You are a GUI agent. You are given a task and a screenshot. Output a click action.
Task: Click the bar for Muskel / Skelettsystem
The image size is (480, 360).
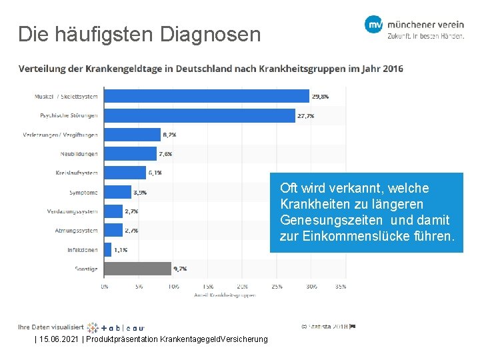207,97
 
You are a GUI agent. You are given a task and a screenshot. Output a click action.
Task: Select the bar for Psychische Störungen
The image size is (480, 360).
199,116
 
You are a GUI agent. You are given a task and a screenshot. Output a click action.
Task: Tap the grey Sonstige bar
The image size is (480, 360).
137,269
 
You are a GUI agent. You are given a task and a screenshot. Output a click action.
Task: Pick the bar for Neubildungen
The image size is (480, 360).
130,154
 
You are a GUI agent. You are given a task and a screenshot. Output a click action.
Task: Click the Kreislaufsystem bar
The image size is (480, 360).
125,173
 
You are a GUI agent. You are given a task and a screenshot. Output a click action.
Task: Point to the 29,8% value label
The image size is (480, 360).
320,97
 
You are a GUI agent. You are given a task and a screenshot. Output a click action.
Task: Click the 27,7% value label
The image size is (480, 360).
306,116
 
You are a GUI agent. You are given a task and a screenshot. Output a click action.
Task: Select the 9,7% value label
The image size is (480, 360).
180,269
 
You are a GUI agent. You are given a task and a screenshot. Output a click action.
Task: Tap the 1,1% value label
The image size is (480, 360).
121,250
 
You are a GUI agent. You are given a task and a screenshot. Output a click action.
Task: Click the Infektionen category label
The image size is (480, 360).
82,250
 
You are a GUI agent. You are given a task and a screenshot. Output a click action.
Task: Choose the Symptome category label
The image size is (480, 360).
83,193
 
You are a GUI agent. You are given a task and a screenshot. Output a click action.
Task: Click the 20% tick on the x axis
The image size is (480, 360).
242,287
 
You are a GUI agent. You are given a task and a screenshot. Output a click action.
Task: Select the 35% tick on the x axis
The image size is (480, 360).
339,287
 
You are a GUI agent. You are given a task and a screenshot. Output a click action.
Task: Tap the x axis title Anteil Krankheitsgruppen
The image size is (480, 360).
225,294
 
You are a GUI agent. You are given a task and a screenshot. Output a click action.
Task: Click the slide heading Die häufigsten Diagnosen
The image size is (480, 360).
139,34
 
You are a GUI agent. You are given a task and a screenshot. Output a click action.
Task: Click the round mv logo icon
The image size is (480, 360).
373,25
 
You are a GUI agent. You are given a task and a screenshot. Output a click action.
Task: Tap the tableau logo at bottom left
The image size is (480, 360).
116,327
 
